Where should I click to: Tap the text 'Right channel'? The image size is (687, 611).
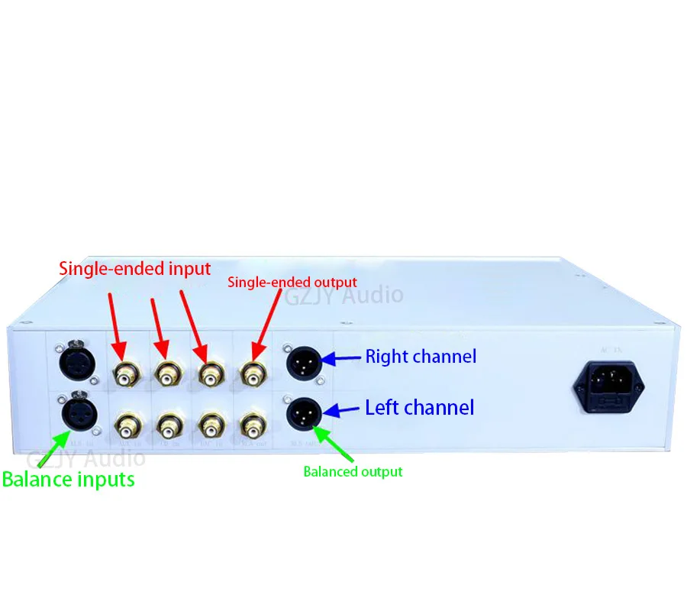tap(421, 357)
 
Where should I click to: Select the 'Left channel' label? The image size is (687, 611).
tap(419, 407)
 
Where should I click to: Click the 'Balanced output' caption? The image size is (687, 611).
tap(353, 471)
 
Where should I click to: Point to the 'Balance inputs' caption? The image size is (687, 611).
tap(68, 480)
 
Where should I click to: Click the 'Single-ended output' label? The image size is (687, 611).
tap(292, 283)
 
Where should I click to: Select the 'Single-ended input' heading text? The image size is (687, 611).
tap(134, 268)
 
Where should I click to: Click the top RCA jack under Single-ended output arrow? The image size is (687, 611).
tap(252, 374)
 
